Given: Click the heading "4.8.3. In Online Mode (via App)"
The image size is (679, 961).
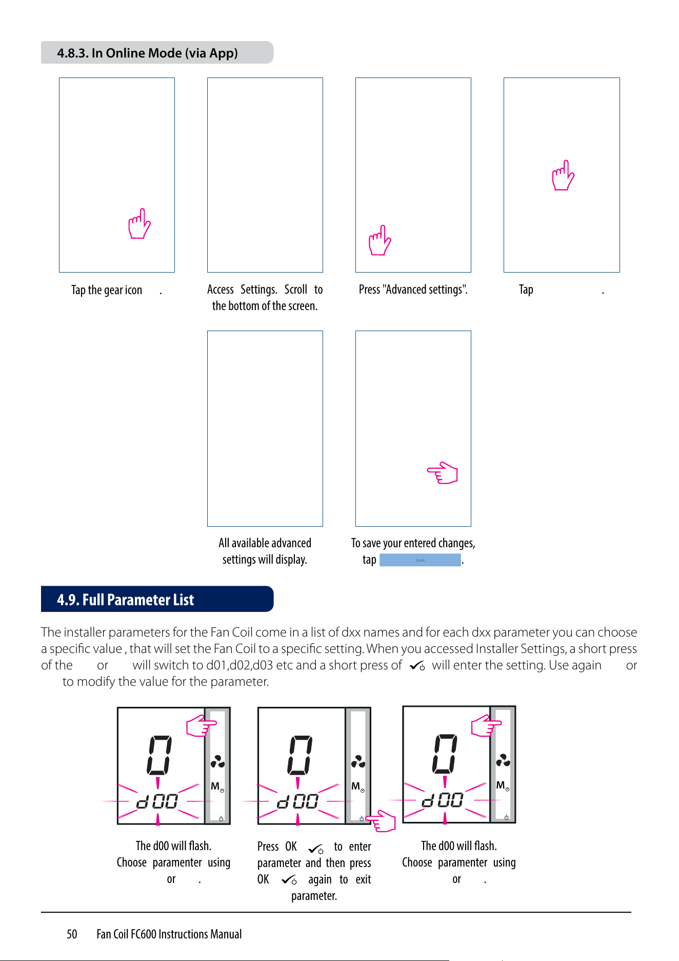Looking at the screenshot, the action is point(147,53).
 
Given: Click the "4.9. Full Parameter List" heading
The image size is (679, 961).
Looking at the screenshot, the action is point(126,600).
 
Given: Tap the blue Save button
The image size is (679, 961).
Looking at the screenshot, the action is point(420,560).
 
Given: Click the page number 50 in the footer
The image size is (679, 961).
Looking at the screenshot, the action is point(72,934).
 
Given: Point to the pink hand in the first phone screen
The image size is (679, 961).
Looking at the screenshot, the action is point(139,223).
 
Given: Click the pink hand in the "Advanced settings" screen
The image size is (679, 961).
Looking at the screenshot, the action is point(380,240).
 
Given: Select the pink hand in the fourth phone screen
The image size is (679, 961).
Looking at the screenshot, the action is point(563,175).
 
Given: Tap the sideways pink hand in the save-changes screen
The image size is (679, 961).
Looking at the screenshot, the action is point(443,473).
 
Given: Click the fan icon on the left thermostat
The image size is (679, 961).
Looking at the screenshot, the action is point(217,761).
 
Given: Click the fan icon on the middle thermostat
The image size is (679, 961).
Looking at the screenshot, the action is point(358,761).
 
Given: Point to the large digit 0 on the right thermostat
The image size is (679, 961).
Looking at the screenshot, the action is point(445,754).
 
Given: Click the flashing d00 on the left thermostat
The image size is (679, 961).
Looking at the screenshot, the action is point(157,801).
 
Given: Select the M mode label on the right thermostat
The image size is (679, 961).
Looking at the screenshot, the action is point(501,785).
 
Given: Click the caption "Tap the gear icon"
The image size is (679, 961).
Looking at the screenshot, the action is point(107,290).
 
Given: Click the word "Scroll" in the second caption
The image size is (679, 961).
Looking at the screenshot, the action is point(296,290).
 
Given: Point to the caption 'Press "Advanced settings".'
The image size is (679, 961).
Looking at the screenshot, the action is point(413,290).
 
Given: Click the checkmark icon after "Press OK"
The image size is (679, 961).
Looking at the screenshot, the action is point(316,849).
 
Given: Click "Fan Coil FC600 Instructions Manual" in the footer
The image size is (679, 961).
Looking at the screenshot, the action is point(169,934).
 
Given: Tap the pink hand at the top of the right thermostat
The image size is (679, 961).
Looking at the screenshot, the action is point(486,726).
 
